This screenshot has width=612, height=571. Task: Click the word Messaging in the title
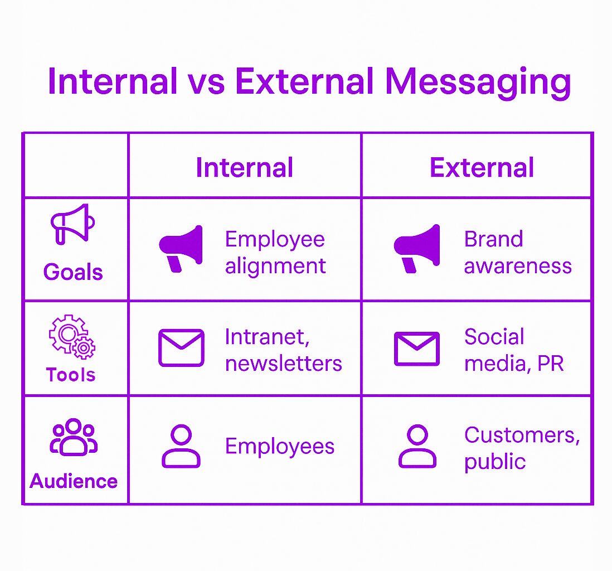478,83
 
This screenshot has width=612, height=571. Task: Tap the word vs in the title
207,83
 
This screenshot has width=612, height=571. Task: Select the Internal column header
244,167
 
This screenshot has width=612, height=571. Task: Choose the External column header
482,167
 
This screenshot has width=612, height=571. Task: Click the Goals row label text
73,272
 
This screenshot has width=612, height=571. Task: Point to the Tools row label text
71,375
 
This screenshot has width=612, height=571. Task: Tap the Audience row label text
74,481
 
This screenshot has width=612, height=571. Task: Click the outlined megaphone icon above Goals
72,224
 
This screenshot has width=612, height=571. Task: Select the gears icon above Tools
72,337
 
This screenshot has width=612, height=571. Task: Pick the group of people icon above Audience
74,437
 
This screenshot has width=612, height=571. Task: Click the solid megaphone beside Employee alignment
181,248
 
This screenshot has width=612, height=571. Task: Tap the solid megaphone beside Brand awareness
417,248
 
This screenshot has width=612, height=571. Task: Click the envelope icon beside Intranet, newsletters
181,347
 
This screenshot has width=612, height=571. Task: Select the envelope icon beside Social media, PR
417,349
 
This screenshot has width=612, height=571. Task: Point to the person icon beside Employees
181,446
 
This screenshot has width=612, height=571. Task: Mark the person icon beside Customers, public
417,446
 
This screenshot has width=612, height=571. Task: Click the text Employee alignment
275,253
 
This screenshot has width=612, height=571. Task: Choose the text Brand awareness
518,252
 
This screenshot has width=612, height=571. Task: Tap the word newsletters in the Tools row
284,364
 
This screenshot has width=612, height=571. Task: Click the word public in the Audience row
495,462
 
